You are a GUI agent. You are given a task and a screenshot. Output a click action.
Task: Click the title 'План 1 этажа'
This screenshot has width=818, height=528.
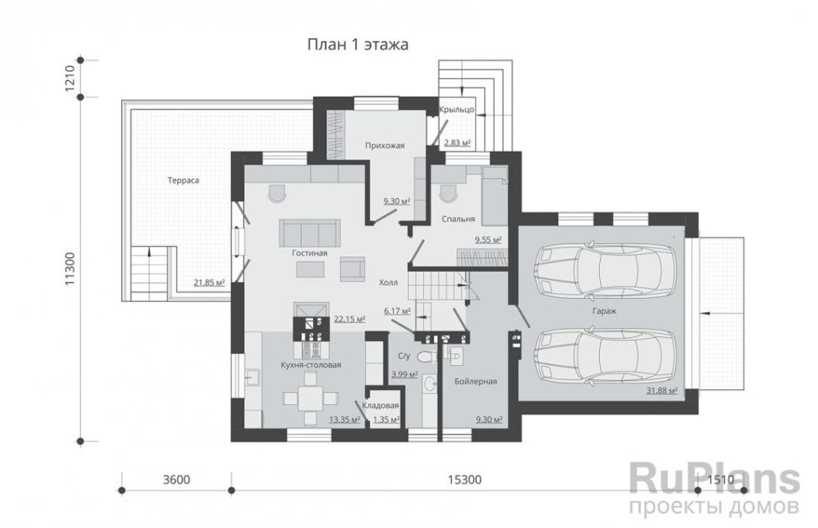[x=357, y=45]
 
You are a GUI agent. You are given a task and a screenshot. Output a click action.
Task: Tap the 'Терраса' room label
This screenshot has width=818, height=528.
[x=183, y=181]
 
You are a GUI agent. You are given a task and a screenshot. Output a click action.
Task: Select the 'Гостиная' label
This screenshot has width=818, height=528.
[x=309, y=253]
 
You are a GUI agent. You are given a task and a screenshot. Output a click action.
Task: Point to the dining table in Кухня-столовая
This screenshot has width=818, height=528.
[x=311, y=399]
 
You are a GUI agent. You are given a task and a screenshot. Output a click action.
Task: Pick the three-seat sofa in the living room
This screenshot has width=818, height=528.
[x=310, y=232]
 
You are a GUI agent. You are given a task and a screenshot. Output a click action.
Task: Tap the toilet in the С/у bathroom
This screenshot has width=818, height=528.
[x=426, y=357]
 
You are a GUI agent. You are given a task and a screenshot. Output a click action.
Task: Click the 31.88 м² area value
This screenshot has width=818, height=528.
[x=662, y=391]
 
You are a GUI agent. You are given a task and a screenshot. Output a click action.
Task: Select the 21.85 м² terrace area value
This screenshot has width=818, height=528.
[x=209, y=283]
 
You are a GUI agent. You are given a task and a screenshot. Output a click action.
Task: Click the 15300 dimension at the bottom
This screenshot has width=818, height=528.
[x=464, y=479]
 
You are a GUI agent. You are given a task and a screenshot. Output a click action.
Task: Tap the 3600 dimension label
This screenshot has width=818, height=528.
[x=177, y=479]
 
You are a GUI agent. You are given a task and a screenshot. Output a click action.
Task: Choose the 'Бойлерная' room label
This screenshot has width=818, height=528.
[x=475, y=381]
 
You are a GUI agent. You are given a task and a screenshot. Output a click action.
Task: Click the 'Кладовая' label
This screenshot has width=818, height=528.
[x=381, y=406]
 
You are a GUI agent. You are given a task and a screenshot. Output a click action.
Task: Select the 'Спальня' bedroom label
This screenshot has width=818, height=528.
[x=458, y=219]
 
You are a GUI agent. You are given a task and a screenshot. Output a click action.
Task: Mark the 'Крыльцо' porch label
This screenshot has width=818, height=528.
[x=456, y=109]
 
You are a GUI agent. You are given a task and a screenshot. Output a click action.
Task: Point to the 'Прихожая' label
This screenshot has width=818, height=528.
[x=385, y=145]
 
